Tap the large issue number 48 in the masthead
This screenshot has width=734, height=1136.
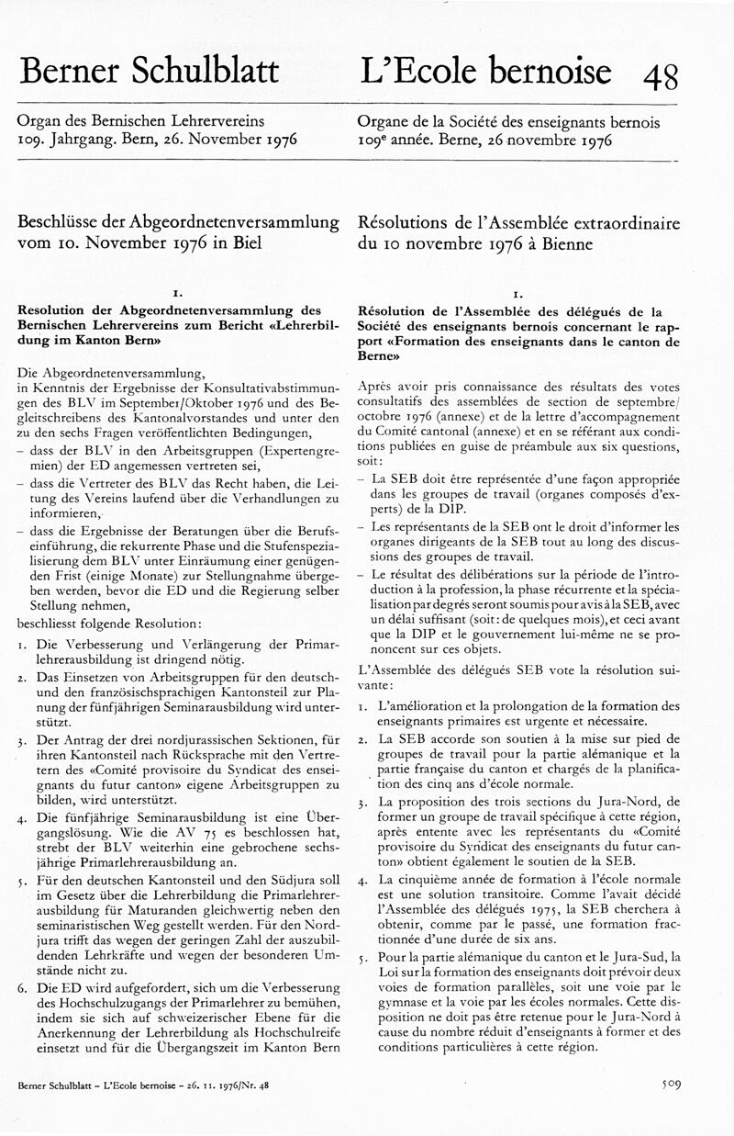coord(661,73)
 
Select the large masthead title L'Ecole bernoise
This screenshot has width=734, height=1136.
coord(485,70)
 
